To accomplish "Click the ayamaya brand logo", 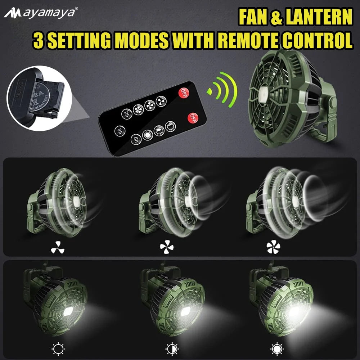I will [40, 13].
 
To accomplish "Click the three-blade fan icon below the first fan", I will [57, 247].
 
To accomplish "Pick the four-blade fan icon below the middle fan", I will [167, 247].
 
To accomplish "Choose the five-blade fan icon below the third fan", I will [273, 247].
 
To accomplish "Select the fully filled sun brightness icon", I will [276, 348].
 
